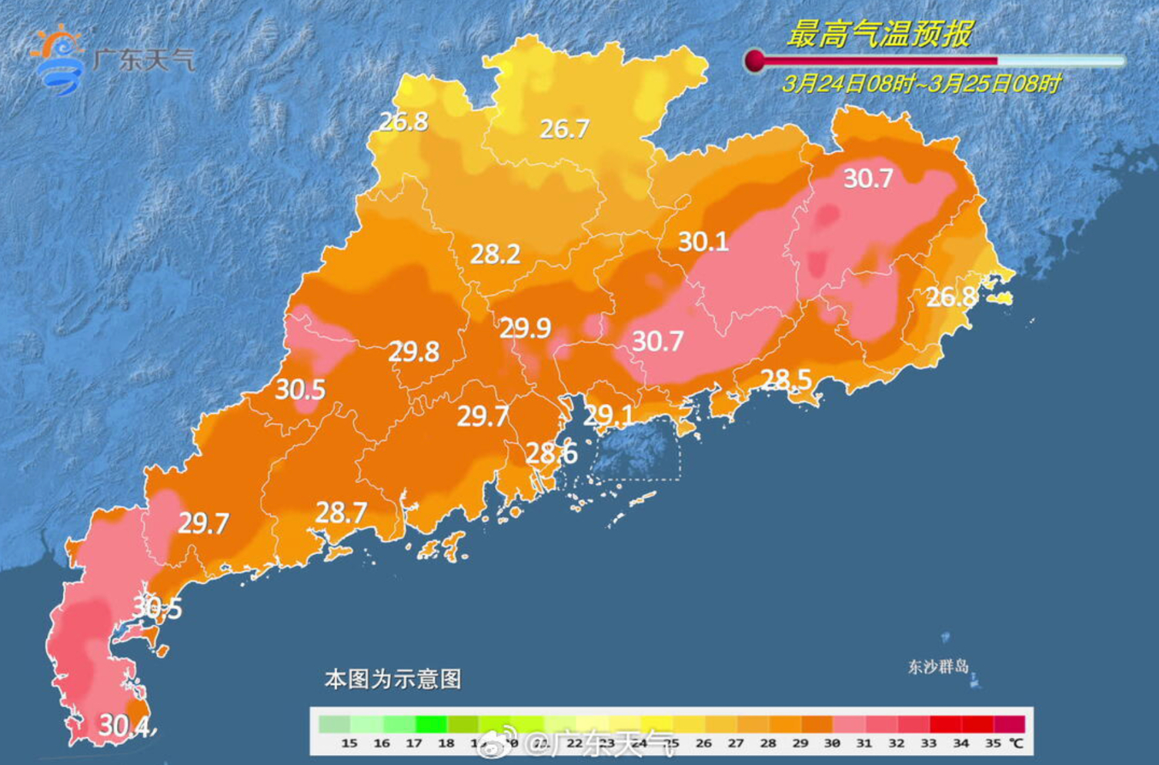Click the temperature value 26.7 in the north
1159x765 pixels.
click(564, 129)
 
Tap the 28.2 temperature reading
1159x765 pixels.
click(495, 254)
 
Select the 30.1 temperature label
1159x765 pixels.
click(703, 242)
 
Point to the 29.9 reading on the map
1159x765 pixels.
click(525, 329)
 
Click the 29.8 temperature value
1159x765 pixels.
click(413, 352)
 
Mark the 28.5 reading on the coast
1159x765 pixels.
click(786, 379)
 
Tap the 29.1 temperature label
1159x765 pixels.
click(608, 416)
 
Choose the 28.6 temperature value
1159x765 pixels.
click(551, 453)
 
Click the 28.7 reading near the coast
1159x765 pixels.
click(341, 513)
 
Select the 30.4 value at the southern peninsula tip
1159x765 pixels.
click(124, 725)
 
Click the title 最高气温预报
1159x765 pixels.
click(879, 34)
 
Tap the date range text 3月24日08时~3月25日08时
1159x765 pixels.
click(921, 83)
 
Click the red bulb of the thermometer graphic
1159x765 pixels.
click(755, 61)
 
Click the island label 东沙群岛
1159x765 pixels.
click(938, 666)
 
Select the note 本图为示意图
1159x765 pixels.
click(392, 679)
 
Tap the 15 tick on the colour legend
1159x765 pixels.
click(349, 743)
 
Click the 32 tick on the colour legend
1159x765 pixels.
click(896, 743)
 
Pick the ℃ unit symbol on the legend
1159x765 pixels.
click(1017, 743)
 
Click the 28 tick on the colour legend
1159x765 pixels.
click(767, 743)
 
